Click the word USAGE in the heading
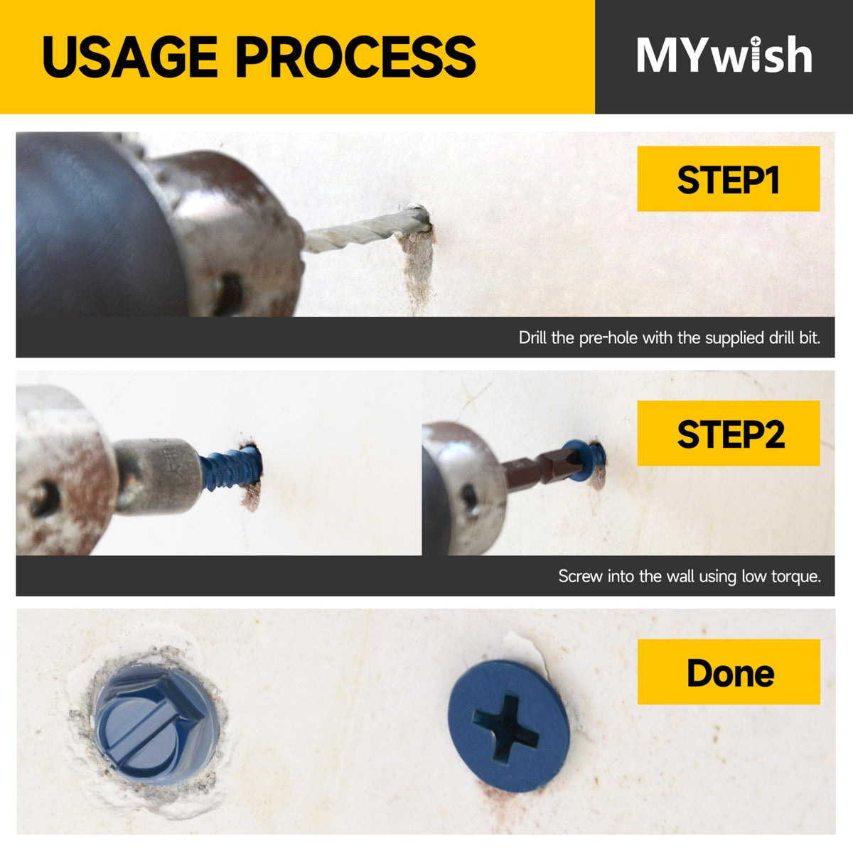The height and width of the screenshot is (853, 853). coord(130,56)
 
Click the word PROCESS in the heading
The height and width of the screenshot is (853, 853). coord(356,56)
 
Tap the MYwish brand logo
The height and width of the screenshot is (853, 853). coord(724,55)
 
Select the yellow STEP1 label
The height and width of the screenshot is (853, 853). coord(728,179)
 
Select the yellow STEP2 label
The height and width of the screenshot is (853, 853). coord(728,434)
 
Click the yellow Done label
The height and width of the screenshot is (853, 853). coord(729,672)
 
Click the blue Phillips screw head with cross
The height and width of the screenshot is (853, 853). coord(508,726)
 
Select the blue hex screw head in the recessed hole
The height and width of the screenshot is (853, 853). coord(156,724)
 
